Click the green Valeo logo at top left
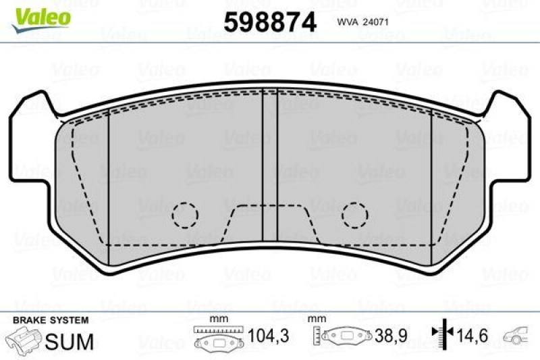(40, 14)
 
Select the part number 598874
(269, 22)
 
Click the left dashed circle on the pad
(184, 215)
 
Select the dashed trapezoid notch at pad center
(270, 223)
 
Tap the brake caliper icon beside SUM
(24, 340)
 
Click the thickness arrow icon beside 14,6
(441, 334)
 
